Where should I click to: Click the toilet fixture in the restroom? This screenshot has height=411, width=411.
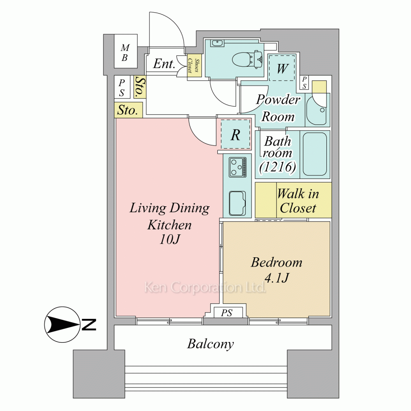pos(247,60)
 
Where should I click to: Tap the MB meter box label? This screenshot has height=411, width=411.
pos(125,53)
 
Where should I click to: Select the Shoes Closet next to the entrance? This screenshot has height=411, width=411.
pos(194,66)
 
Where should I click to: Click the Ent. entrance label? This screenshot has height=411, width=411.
pos(164,64)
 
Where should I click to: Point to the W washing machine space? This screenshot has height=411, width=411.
pos(282,68)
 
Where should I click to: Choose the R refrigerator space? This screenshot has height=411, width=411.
pos(236,134)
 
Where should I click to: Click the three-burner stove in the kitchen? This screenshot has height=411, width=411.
pos(238,167)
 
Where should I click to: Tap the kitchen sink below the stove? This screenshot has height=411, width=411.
pos(238,203)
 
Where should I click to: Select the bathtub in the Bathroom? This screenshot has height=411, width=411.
pos(315,154)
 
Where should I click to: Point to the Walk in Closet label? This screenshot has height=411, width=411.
pos(298,201)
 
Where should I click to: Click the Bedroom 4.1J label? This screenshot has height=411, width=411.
pos(277,270)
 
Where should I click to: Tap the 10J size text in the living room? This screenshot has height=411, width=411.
pos(170,239)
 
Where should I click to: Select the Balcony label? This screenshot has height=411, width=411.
pos(210,344)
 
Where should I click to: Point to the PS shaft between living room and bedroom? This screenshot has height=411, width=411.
pos(227,312)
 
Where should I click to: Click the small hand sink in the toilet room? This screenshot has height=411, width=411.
pos(217,43)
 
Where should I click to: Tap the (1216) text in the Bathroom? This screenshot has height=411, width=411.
pos(278,167)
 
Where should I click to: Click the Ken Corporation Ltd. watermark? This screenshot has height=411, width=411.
pos(205,288)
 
